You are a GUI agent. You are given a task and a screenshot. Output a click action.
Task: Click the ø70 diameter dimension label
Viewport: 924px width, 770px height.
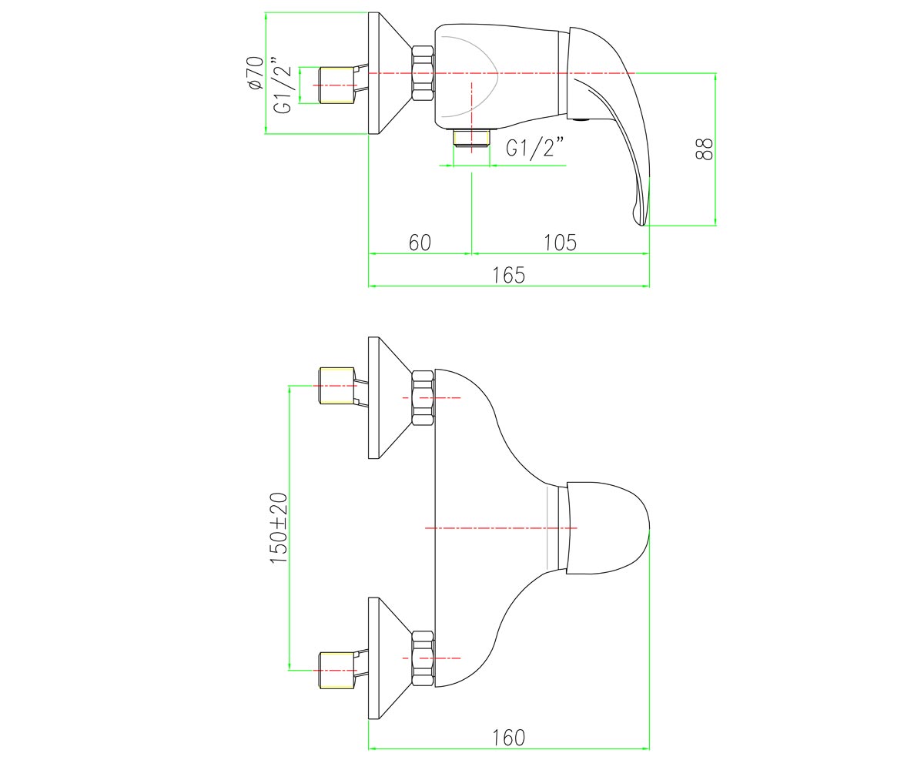point(256,73)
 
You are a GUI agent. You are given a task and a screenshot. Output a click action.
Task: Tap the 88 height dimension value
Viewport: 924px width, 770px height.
point(704,149)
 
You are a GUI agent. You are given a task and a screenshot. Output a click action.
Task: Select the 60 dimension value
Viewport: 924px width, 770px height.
point(420,243)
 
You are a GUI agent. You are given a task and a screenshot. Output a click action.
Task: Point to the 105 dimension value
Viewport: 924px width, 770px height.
point(560,243)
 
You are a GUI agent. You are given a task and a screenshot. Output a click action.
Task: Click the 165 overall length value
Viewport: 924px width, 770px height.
point(509,275)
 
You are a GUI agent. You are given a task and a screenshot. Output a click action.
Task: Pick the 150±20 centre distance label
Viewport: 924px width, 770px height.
point(280,528)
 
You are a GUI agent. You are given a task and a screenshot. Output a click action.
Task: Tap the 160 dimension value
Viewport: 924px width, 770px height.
point(509,738)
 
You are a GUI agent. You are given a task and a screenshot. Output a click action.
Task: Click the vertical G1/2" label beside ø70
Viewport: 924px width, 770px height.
point(283,85)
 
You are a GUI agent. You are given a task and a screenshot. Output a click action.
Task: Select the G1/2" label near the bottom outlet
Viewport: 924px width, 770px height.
point(536,147)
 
